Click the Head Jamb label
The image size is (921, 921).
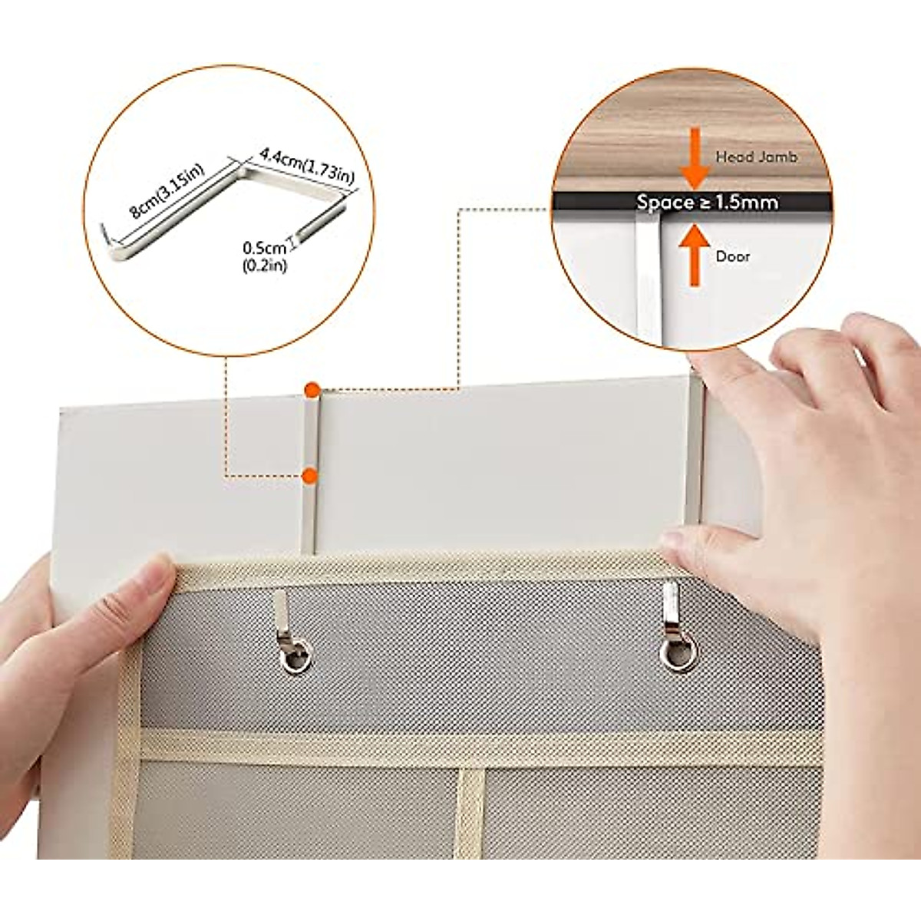756,157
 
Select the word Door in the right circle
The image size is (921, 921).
732,256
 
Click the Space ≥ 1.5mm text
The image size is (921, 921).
707,202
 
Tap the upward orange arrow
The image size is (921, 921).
695,253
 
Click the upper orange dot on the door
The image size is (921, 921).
311,389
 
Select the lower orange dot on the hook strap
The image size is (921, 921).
309,477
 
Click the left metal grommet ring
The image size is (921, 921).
296,657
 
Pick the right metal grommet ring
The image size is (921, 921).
678,654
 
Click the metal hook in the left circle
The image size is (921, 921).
223,203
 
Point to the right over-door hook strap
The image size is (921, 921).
695,453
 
